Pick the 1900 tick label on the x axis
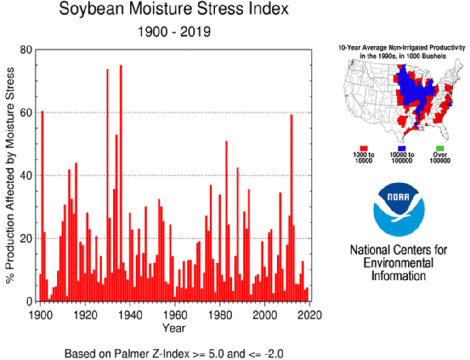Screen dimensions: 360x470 (40, 315)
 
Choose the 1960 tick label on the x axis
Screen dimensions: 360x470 (175, 315)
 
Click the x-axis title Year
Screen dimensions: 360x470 (174, 328)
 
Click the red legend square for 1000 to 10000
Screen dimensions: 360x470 (364, 149)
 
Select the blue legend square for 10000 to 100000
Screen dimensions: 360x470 (402, 149)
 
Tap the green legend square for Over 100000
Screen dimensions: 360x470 (440, 149)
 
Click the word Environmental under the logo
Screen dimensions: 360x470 (398, 263)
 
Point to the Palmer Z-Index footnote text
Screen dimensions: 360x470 (174, 354)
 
